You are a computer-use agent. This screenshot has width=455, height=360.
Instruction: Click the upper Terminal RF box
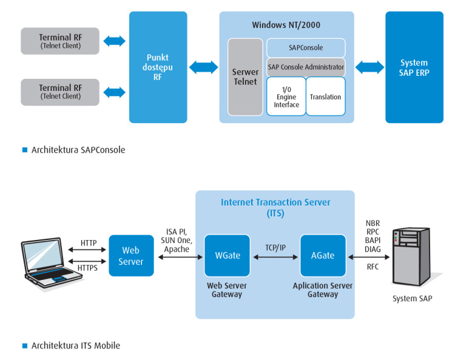point(60,41)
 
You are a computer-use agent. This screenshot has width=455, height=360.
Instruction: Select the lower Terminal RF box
point(60,92)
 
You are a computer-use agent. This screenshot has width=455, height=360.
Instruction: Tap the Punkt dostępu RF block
point(158,67)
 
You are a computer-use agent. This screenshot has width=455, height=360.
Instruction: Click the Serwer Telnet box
point(245,77)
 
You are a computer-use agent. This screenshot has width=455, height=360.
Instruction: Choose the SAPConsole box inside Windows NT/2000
point(306,48)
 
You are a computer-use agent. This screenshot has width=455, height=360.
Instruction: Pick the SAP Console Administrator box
point(306,67)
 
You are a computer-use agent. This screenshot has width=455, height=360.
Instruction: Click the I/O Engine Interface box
point(286,96)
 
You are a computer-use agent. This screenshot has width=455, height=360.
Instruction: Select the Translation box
point(325,96)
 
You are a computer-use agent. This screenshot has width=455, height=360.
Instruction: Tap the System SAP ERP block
point(414,67)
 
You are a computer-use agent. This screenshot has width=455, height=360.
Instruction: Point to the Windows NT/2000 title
point(286,25)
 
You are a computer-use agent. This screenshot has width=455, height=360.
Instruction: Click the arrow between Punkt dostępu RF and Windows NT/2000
point(203,67)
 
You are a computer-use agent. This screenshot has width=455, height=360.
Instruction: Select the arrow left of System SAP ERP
point(369,67)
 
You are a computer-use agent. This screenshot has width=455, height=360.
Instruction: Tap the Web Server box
point(131,256)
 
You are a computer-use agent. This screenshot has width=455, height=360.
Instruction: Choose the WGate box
point(227,256)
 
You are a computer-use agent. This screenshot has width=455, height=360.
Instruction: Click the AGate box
point(323,256)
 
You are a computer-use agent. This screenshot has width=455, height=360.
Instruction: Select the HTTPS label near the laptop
point(89,267)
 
